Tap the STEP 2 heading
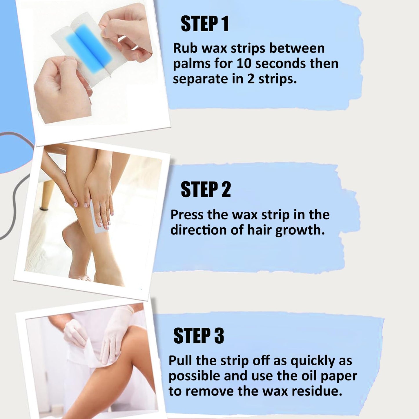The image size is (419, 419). click(206, 190)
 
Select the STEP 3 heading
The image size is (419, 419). click(199, 336)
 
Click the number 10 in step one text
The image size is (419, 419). click(244, 64)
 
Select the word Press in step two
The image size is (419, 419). click(187, 215)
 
